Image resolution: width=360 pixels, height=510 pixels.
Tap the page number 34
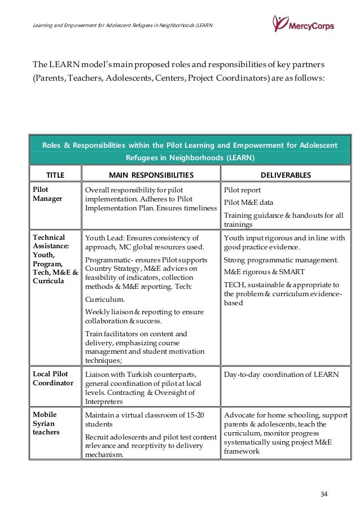click(x=323, y=494)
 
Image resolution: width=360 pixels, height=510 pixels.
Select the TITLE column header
click(x=55, y=175)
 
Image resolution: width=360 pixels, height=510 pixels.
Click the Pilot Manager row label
click(x=47, y=194)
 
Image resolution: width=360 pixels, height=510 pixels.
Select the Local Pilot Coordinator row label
click(x=51, y=378)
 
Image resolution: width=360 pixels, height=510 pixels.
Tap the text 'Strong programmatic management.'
click(x=281, y=260)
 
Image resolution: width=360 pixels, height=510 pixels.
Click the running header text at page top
click(x=123, y=27)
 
